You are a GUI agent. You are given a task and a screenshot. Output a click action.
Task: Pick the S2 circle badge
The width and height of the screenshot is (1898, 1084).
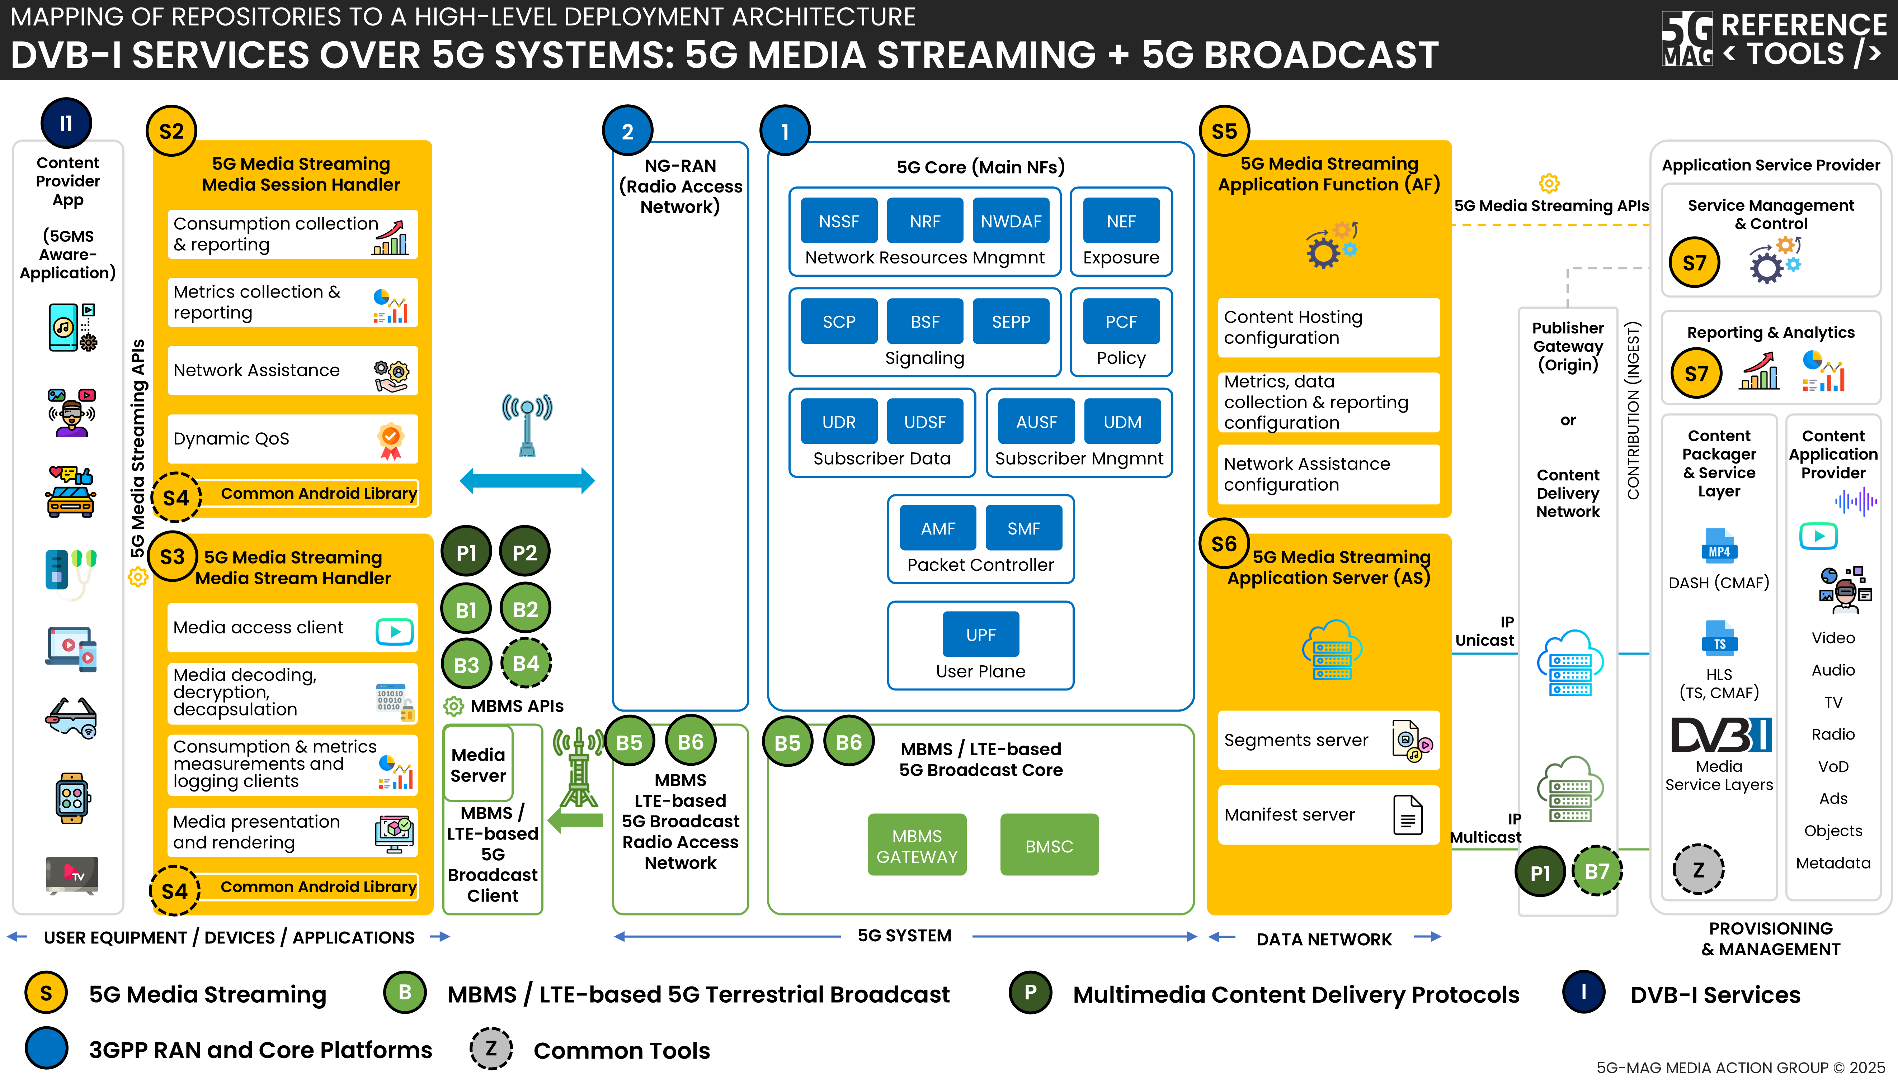171,132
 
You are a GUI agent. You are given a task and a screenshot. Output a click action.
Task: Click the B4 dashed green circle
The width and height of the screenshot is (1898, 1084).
526,664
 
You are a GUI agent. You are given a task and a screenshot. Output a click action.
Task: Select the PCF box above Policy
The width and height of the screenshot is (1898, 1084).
1120,322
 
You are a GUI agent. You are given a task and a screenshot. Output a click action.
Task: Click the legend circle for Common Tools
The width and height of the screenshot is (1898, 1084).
491,1049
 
